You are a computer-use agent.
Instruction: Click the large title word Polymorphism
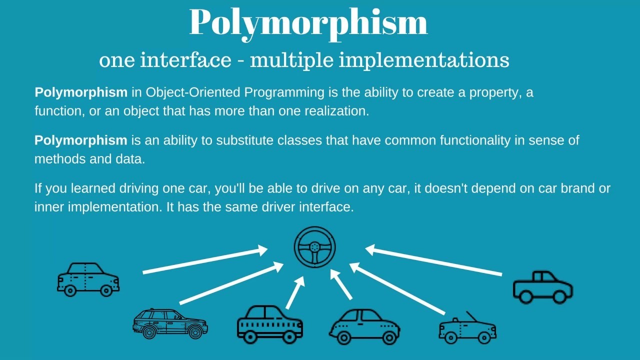[308, 22]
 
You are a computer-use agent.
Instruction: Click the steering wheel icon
[314, 247]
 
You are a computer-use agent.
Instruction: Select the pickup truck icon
[542, 287]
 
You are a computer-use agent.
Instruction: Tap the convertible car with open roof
[467, 329]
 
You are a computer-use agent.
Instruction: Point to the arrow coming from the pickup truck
[433, 260]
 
